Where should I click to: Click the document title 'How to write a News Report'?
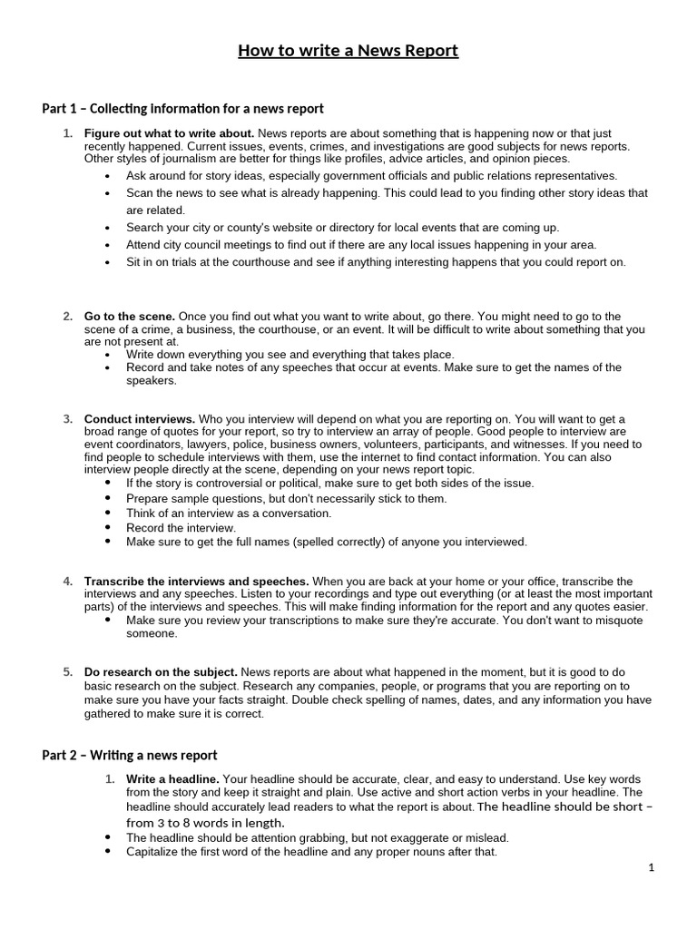[x=348, y=51]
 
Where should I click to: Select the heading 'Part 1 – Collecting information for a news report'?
[x=182, y=109]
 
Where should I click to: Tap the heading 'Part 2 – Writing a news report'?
[x=130, y=755]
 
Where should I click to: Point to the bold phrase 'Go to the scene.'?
[x=130, y=316]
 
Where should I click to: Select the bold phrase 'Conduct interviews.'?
[x=140, y=419]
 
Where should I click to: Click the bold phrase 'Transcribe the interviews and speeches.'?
[x=197, y=581]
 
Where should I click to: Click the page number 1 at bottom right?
[x=652, y=867]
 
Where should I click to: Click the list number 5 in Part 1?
[x=68, y=672]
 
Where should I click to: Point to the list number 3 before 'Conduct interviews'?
[x=68, y=419]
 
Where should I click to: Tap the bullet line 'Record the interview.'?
[x=181, y=527]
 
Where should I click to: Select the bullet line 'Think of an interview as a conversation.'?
[x=229, y=513]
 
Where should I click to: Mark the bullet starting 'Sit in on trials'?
[x=376, y=262]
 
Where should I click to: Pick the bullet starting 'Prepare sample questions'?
[x=286, y=498]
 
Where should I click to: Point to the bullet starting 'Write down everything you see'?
[x=290, y=354]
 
